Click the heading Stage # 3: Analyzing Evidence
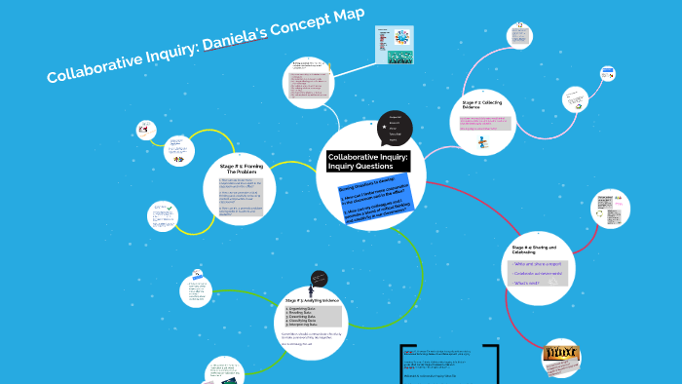[312, 301]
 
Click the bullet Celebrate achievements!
[539, 273]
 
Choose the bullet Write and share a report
[538, 263]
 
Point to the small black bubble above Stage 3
[311, 281]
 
